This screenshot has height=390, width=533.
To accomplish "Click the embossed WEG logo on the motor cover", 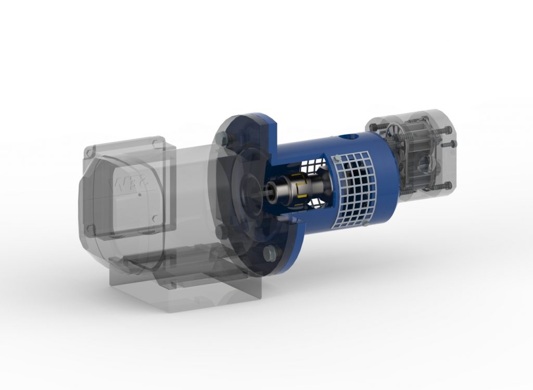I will click(x=125, y=185).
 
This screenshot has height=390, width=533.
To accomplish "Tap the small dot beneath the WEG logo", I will click(x=139, y=196).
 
